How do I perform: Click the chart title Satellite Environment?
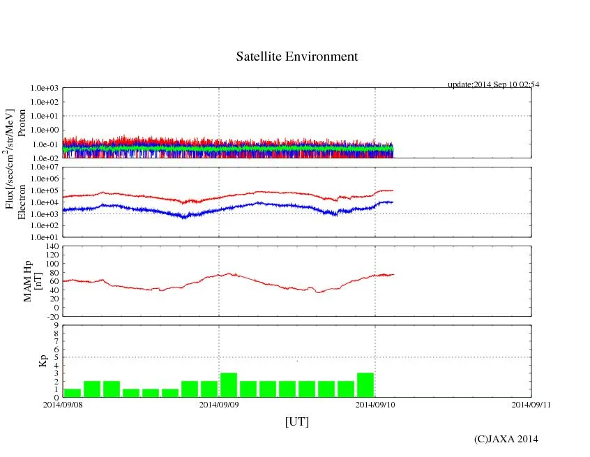pos(296,57)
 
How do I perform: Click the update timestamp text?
pos(493,84)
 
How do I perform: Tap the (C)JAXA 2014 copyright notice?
pos(506,439)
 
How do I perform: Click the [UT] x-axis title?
pos(296,421)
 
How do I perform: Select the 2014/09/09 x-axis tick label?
pos(219,405)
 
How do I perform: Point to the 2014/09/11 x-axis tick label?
pos(531,405)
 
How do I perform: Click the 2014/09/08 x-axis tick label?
pos(63,405)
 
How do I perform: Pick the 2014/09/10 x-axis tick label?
pos(375,405)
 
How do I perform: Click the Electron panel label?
pos(22,202)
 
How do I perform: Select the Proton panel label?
pos(22,123)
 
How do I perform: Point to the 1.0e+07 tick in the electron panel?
pos(47,167)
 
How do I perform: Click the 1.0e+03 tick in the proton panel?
pos(47,89)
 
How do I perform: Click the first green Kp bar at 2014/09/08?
pos(72,393)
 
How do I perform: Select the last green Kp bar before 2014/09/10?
pos(365,385)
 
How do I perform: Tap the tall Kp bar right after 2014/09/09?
pos(229,385)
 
